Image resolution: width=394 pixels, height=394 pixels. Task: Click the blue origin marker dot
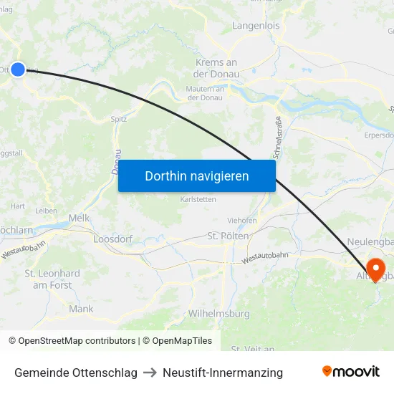(x=18, y=69)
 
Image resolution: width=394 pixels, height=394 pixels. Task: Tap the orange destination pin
(x=374, y=270)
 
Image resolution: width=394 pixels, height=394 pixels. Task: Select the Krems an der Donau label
(x=216, y=68)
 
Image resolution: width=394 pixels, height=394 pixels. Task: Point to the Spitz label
(x=119, y=119)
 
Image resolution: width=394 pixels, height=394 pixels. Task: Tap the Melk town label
(x=78, y=217)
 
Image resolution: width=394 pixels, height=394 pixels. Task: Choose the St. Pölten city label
(x=228, y=236)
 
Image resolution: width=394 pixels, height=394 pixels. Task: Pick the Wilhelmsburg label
(x=218, y=314)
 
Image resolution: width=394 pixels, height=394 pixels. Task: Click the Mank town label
(x=81, y=309)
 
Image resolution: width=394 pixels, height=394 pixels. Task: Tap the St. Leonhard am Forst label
(x=52, y=279)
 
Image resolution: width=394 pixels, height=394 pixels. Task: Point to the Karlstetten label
(x=198, y=199)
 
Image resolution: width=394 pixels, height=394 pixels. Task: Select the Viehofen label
(x=242, y=221)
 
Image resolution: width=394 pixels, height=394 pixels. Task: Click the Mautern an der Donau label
(x=204, y=93)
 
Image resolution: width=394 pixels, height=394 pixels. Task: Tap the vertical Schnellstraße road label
(x=277, y=138)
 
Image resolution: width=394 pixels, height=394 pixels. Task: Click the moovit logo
(x=350, y=372)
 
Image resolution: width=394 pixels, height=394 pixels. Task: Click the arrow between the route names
(x=150, y=373)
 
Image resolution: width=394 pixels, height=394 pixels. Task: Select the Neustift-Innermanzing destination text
(x=223, y=373)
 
